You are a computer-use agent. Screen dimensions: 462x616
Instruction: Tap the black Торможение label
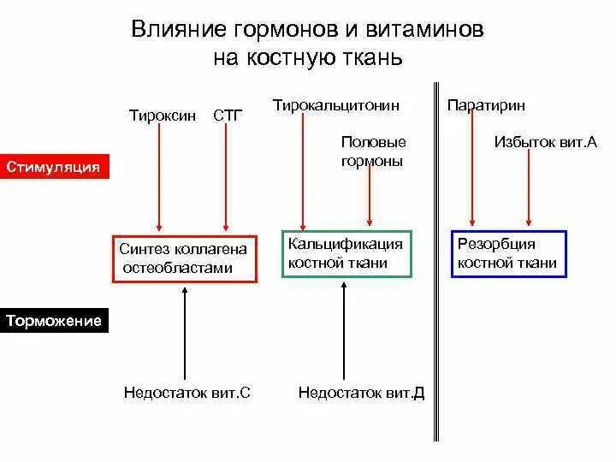click(x=54, y=322)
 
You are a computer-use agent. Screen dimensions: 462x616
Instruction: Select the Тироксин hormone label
click(x=162, y=115)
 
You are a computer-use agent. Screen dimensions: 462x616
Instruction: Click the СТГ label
click(x=226, y=115)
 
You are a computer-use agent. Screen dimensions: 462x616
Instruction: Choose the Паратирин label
click(x=486, y=106)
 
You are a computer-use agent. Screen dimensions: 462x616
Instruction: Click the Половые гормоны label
click(x=372, y=151)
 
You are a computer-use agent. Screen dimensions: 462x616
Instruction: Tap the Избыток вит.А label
click(x=533, y=142)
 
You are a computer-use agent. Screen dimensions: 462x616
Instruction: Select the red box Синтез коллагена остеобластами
click(x=184, y=258)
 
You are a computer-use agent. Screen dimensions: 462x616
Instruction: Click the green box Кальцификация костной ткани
click(x=347, y=254)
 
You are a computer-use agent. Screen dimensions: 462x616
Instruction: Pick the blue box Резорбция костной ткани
click(x=509, y=254)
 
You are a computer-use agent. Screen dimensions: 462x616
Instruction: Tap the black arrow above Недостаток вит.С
click(x=184, y=334)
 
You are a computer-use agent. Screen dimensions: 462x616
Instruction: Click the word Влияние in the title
click(x=178, y=30)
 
